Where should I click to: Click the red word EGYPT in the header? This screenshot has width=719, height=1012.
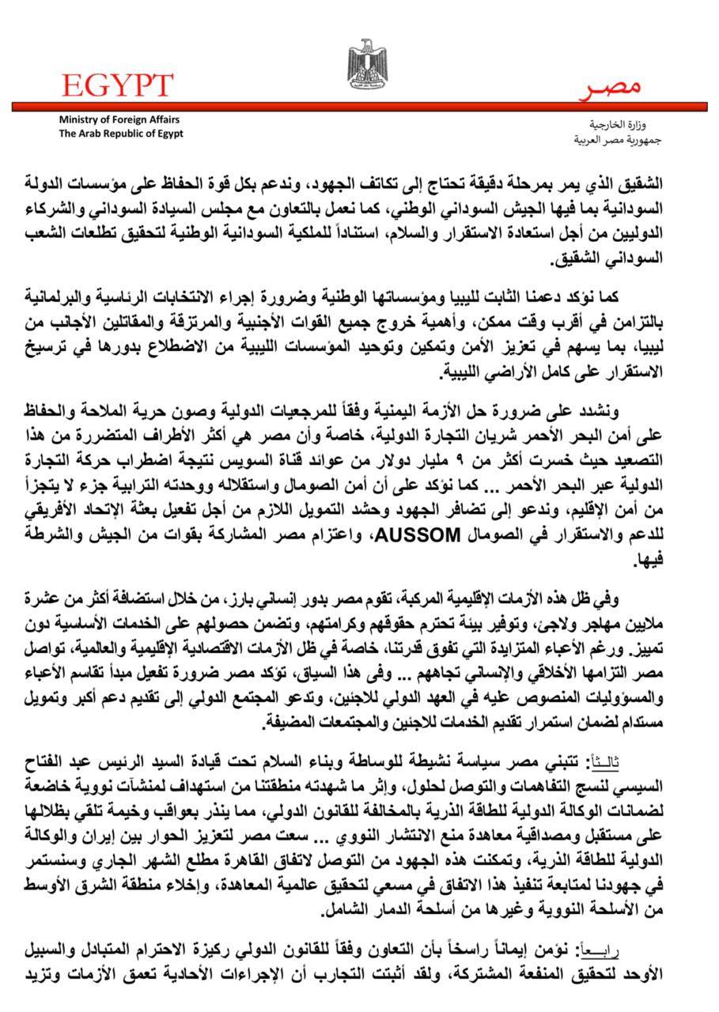(118, 85)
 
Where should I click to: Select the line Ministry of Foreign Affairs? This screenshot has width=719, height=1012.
(119, 119)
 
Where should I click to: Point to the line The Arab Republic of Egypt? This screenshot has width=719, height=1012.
(121, 133)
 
